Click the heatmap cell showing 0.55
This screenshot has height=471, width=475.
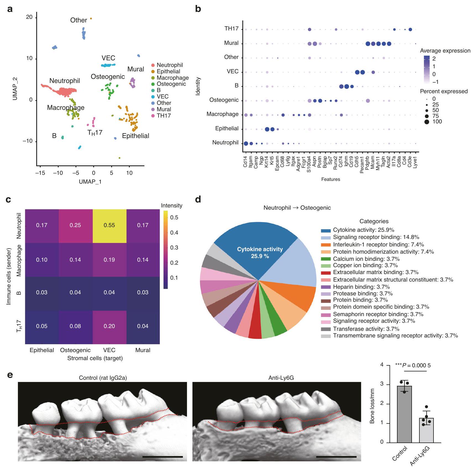[x=109, y=225]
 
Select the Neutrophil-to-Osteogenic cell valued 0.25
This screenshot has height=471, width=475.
[x=75, y=225]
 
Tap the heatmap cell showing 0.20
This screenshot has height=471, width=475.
[x=109, y=326]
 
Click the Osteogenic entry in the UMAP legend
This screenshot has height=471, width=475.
[x=171, y=84]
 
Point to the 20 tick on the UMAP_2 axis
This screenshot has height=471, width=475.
[x=29, y=17]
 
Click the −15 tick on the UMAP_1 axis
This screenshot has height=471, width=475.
[x=40, y=173]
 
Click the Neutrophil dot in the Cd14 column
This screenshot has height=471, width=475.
[x=246, y=143]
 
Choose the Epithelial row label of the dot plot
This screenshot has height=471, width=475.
[x=227, y=129]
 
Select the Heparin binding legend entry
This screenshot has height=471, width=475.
[x=361, y=287]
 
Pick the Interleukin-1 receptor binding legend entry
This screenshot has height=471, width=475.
[x=378, y=244]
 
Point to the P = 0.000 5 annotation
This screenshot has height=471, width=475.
[x=413, y=366]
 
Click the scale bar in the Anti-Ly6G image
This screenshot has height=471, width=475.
[x=336, y=457]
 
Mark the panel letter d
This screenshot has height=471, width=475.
[x=198, y=200]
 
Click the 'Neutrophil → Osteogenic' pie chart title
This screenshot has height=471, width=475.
[x=297, y=208]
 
